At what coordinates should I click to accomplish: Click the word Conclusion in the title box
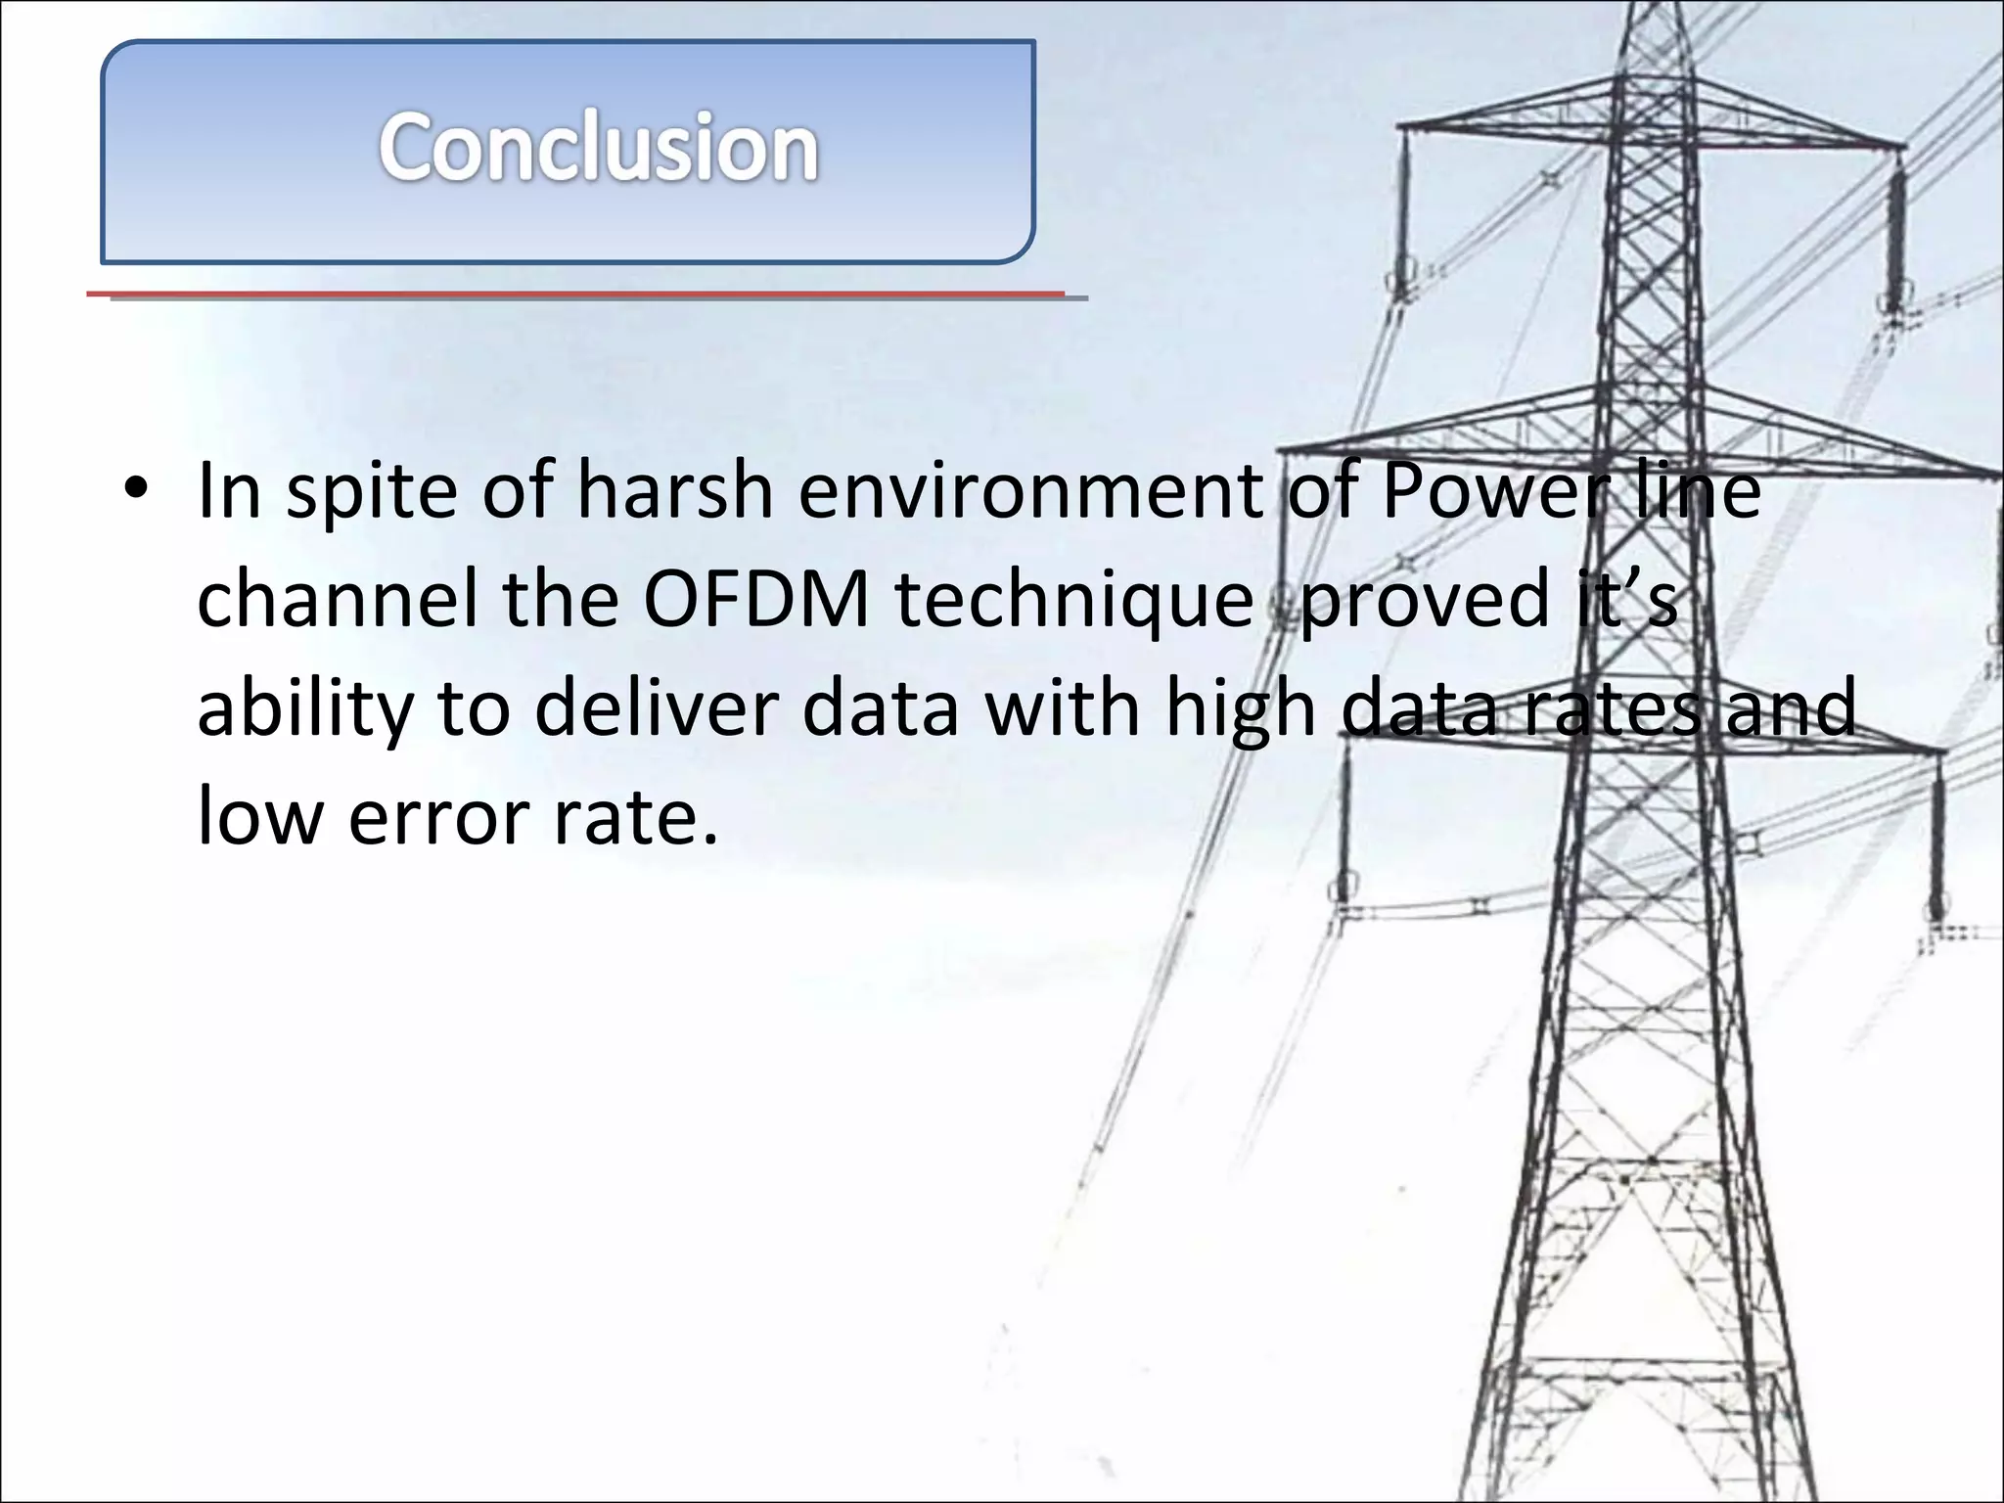(x=598, y=148)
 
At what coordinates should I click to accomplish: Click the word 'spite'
(x=371, y=492)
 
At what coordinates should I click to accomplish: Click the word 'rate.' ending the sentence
(x=636, y=817)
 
